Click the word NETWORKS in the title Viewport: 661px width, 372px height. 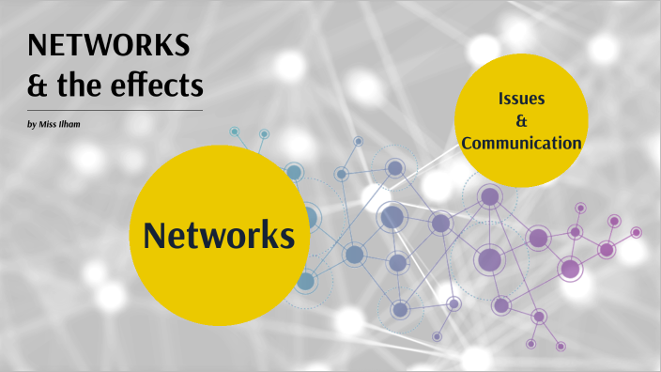pyautogui.click(x=109, y=44)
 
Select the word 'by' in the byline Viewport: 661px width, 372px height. pyautogui.click(x=34, y=125)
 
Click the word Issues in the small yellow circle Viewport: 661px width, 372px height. pyautogui.click(x=521, y=99)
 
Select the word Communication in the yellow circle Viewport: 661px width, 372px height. pyautogui.click(x=521, y=144)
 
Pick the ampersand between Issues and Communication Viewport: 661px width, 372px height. pyautogui.click(x=521, y=121)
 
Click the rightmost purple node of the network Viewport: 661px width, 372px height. pyautogui.click(x=636, y=232)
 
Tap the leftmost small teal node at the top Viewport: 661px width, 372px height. pyautogui.click(x=235, y=132)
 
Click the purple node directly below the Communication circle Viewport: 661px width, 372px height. pyautogui.click(x=488, y=197)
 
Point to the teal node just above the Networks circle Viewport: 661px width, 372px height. pyautogui.click(x=293, y=173)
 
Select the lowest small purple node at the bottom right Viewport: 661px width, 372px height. pyautogui.click(x=561, y=346)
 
